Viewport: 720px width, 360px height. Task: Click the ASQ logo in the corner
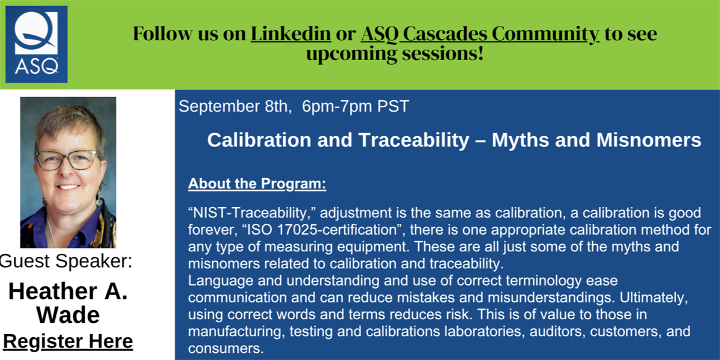[x=37, y=44]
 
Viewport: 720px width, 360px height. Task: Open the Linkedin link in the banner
[x=291, y=34]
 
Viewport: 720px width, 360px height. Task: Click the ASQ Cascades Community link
[x=480, y=34]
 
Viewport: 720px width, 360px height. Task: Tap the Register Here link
[x=68, y=341]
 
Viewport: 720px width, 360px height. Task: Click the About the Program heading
[x=257, y=184]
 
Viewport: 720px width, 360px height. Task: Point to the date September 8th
[x=235, y=106]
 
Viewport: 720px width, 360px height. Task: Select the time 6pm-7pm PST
[x=355, y=106]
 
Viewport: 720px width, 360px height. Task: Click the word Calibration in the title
[x=259, y=140]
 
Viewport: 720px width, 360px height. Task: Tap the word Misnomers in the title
[x=649, y=140]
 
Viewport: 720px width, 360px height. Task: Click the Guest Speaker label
[x=66, y=260]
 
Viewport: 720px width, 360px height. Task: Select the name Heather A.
[x=68, y=292]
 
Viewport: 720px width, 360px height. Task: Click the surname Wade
[x=68, y=314]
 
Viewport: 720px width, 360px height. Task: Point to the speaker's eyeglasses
[x=67, y=160]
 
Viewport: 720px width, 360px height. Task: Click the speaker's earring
[x=99, y=200]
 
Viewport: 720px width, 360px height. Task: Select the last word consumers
[x=226, y=349]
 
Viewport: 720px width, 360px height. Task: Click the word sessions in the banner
[x=443, y=53]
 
